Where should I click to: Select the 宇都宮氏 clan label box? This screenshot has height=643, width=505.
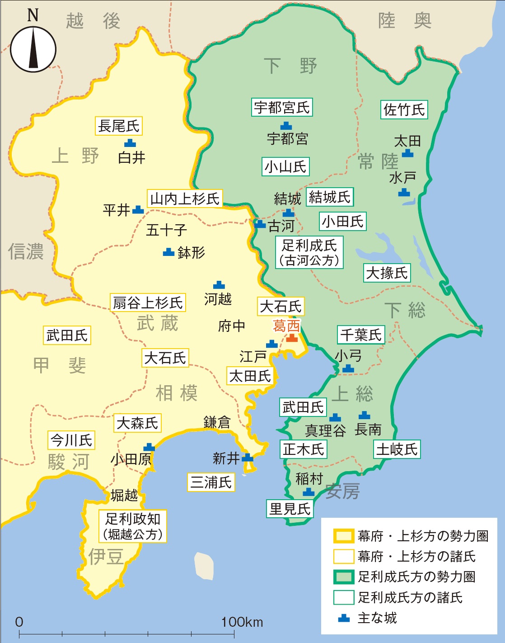tap(282, 108)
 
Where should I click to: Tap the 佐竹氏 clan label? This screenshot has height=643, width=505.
tap(404, 109)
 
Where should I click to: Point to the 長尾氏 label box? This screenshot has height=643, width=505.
tap(119, 126)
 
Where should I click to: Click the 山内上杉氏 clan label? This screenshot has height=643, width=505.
tap(185, 199)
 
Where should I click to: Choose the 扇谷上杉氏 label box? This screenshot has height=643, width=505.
tap(148, 303)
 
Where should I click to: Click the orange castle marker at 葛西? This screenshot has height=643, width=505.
tap(292, 338)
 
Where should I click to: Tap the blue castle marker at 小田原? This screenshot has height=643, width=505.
tap(149, 447)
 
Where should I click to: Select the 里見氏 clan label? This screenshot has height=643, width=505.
tap(290, 509)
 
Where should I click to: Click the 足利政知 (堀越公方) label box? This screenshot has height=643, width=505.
tap(133, 526)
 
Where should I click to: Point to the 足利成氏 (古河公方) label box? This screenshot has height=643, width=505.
tap(309, 252)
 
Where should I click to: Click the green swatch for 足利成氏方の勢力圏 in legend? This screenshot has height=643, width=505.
tap(343, 577)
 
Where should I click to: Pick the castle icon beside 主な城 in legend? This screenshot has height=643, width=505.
tap(344, 618)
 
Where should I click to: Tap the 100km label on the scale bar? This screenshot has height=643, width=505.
tap(242, 622)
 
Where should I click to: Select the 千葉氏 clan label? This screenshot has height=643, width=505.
tap(360, 335)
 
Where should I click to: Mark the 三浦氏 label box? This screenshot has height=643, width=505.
tap(210, 482)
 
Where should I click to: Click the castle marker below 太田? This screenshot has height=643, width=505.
tap(407, 153)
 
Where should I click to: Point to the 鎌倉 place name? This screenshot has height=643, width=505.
tap(217, 422)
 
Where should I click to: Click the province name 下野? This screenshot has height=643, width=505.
tap(290, 66)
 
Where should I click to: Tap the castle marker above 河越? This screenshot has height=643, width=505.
tap(219, 284)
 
